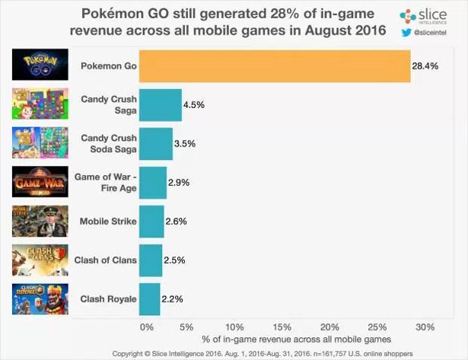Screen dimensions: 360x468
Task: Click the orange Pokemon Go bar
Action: point(275,66)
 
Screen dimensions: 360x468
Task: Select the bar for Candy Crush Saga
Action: point(161,105)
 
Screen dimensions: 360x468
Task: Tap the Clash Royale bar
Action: point(151,299)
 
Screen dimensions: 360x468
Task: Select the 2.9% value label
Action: point(180,183)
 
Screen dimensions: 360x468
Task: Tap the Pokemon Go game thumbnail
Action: point(36,65)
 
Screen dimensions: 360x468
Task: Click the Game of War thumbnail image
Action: point(36,183)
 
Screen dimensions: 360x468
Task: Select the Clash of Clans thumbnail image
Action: point(36,260)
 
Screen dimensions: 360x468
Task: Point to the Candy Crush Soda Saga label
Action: point(108,144)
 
